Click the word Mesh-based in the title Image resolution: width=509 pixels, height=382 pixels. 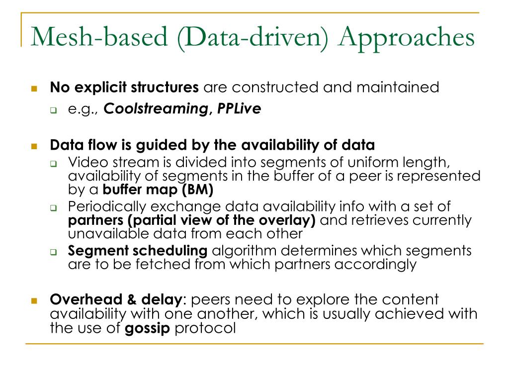click(x=99, y=36)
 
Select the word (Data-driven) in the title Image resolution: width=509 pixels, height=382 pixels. click(x=253, y=38)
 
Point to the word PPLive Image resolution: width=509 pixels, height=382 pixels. click(x=239, y=108)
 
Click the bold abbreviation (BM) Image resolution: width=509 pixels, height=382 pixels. click(x=197, y=190)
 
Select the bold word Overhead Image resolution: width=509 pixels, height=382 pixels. click(x=85, y=299)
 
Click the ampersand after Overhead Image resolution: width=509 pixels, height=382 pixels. click(x=131, y=299)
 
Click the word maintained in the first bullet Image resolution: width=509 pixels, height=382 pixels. click(x=398, y=88)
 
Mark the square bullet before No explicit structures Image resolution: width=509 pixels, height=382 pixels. click(x=34, y=89)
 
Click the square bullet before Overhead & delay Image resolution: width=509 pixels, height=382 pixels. click(x=34, y=301)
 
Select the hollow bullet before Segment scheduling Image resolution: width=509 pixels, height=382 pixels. click(x=54, y=252)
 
